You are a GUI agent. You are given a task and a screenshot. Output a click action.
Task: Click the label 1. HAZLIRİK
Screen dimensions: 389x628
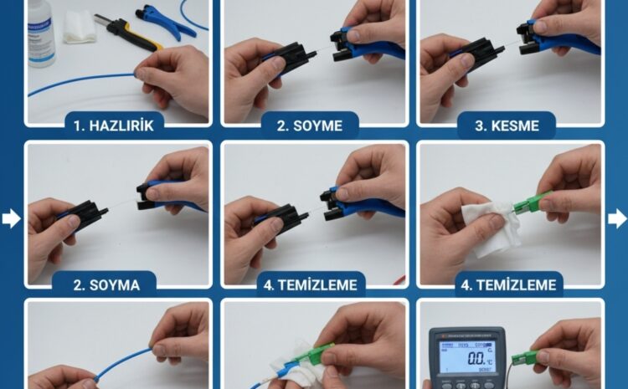point(116,126)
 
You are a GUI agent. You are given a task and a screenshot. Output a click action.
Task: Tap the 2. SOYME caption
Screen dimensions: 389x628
point(311,126)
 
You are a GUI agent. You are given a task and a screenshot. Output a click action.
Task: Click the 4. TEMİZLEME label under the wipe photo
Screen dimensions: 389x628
point(507,284)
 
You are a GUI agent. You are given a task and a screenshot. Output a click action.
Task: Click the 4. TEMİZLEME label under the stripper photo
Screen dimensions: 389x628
point(311,284)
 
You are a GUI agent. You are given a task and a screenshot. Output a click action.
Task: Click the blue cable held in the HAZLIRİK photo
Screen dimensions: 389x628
point(84,82)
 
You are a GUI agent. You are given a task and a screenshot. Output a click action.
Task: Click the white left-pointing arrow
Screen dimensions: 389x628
point(11,219)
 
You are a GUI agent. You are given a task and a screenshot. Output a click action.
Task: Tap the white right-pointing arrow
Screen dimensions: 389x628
point(617,219)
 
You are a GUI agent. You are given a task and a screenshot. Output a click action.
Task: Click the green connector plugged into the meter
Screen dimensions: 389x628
point(526,359)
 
